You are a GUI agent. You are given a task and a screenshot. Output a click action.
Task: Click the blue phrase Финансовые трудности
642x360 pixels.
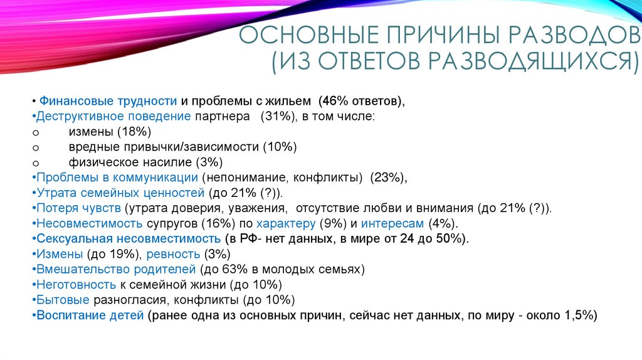tap(108, 101)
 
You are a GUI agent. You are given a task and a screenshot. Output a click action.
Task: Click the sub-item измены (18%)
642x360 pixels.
tap(110, 132)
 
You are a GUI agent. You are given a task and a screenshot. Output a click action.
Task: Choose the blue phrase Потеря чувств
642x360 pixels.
tap(78, 208)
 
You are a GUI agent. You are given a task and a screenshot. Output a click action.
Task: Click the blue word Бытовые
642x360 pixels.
tap(63, 299)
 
